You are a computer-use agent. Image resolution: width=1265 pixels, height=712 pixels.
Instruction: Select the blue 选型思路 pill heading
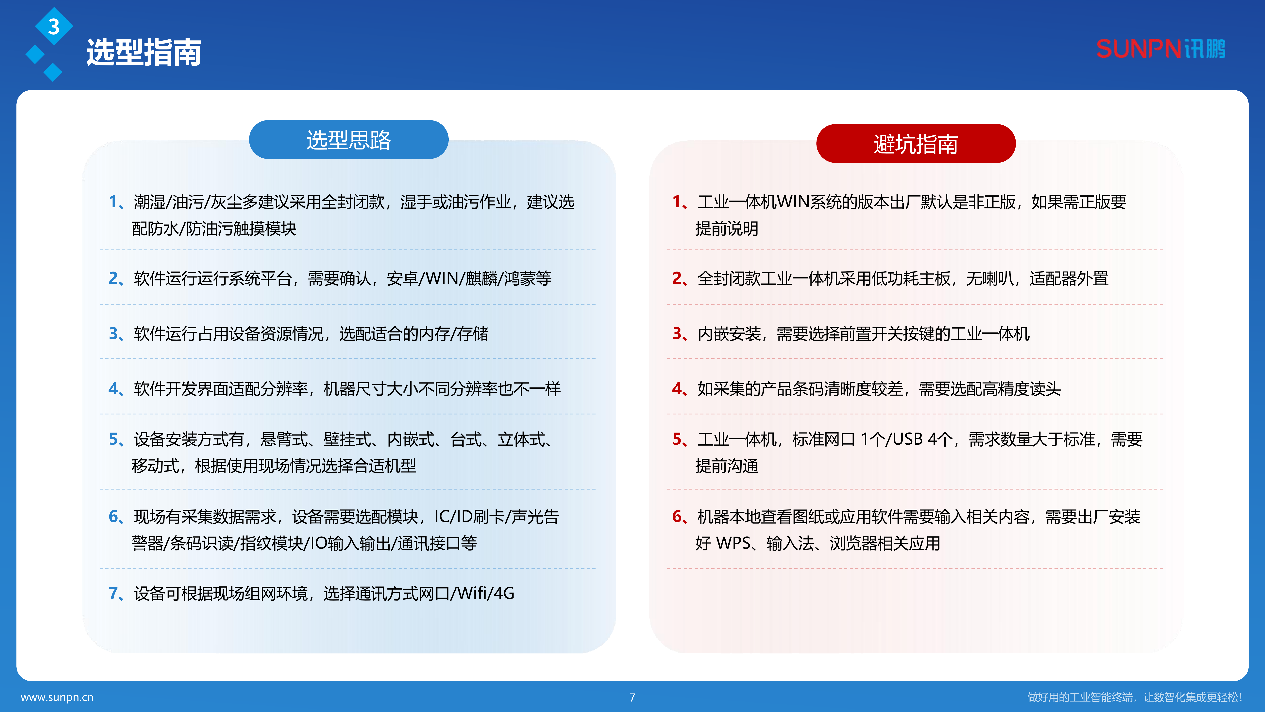coord(349,140)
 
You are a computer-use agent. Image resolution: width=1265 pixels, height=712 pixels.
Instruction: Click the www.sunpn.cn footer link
coord(57,697)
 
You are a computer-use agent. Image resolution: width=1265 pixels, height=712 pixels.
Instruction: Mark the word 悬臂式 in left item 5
coord(284,439)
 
